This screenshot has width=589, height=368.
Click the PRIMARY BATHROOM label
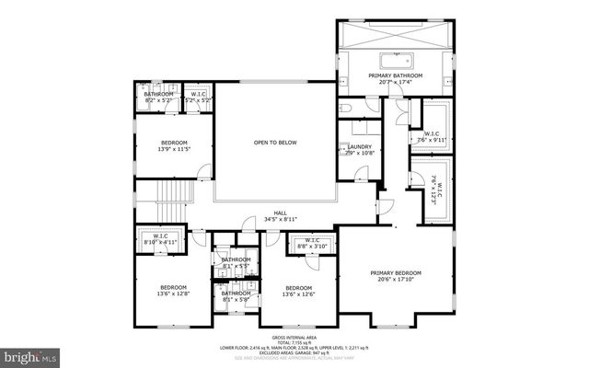395,75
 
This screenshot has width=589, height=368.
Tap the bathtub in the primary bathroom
395,62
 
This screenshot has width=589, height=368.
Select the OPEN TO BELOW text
274,143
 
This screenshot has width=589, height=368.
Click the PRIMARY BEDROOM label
396,272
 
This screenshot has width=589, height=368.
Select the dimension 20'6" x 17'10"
396,280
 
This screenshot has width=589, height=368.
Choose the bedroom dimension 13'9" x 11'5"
174,149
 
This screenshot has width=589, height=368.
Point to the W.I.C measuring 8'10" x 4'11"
159,239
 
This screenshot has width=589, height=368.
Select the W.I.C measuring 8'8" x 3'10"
311,244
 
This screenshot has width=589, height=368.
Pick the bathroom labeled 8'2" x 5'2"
158,98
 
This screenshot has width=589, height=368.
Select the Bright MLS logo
30,354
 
